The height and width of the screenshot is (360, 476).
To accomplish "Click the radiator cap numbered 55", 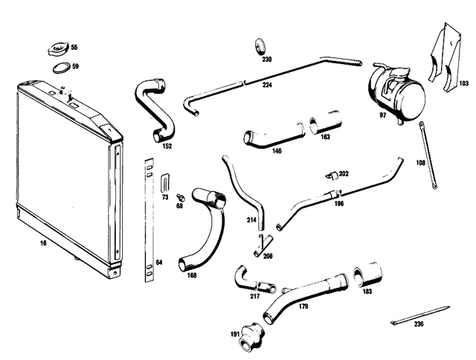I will pos(57,49).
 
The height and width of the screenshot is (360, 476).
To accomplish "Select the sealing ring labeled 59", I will pos(61,68).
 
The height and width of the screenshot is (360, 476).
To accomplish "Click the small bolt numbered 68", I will pos(180,198).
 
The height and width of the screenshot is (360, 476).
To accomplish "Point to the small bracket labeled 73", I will pos(164,183).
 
